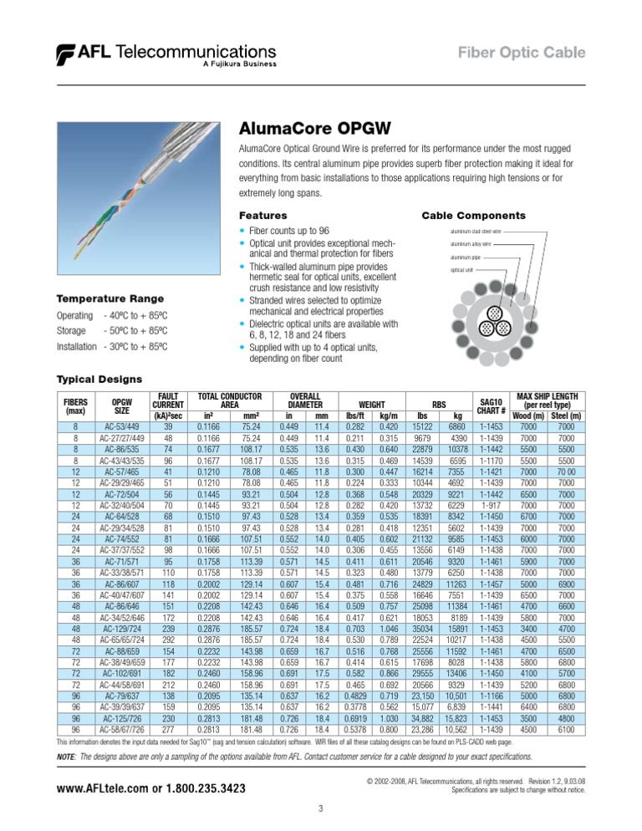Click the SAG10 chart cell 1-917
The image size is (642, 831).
[x=492, y=503]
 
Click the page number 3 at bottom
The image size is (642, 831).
[x=321, y=807]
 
